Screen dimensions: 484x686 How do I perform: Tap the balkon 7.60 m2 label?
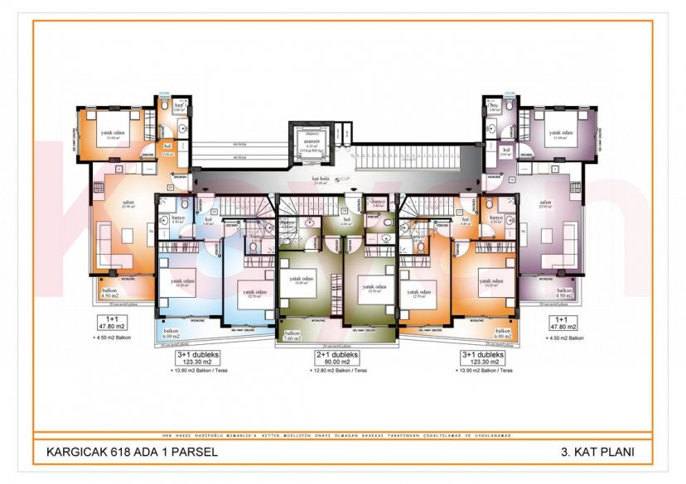(x=292, y=335)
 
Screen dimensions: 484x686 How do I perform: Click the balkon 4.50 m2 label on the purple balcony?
(x=564, y=295)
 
